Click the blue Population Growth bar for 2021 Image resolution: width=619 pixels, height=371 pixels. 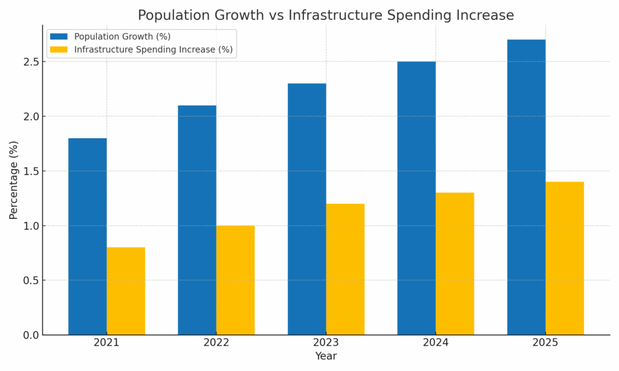(88, 236)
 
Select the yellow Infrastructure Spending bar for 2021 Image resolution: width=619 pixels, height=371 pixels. (126, 291)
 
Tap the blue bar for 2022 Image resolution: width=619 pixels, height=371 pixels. (197, 220)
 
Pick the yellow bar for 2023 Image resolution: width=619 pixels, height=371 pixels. (345, 269)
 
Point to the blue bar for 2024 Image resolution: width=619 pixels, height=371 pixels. (416, 198)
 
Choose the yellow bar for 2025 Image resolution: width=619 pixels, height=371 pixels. (565, 259)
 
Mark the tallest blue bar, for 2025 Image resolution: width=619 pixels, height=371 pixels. (527, 187)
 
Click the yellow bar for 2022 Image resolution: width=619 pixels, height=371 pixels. (236, 280)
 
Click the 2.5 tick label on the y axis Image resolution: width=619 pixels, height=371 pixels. (31, 62)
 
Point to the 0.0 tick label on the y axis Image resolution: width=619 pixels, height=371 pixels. (31, 335)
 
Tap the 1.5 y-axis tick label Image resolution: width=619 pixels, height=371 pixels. (31, 171)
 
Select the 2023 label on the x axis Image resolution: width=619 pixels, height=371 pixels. (326, 343)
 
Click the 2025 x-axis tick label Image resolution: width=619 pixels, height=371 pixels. (546, 343)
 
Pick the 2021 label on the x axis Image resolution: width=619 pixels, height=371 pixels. (106, 343)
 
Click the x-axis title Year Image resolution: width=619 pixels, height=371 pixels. (326, 356)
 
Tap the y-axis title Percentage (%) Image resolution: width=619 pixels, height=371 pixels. (14, 180)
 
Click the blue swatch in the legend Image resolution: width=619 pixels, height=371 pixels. (59, 37)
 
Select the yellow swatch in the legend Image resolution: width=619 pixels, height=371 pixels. (59, 50)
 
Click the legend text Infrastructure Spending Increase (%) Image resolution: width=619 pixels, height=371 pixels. (154, 50)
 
